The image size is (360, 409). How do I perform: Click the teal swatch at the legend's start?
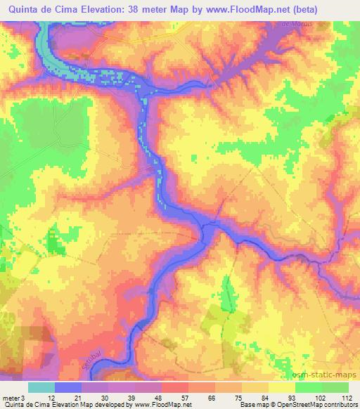coord(41,387)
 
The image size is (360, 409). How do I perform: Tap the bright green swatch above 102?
coord(309,387)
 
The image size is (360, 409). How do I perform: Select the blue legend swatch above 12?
coord(68,387)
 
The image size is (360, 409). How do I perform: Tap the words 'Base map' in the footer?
coord(252,405)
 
